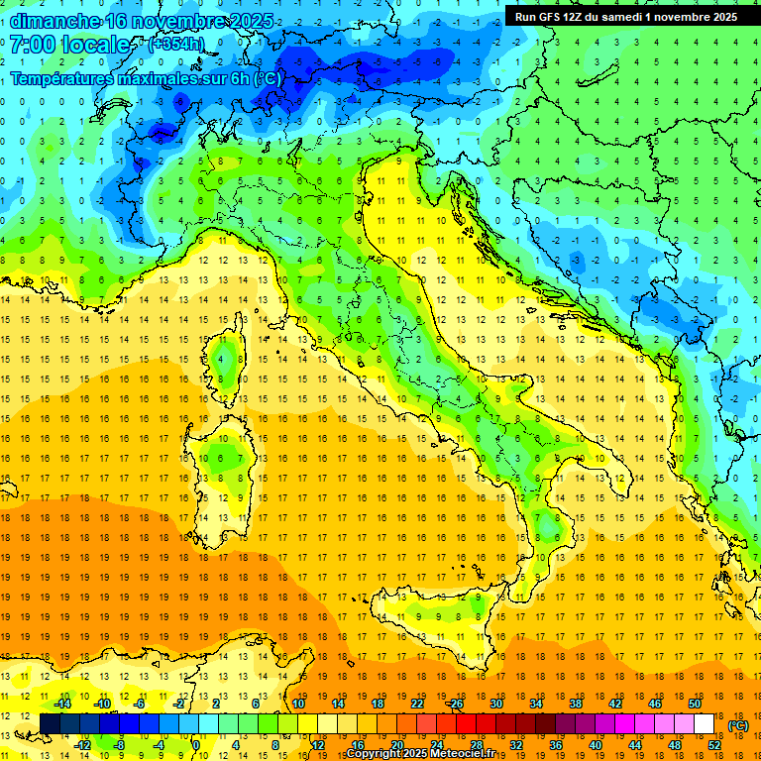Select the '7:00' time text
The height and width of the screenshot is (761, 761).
point(33,45)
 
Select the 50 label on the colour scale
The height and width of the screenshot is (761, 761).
point(694,704)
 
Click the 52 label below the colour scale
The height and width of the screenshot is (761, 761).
point(713,744)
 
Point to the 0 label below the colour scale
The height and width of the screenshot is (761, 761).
point(196,744)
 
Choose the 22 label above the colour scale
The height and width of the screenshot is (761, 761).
point(417,704)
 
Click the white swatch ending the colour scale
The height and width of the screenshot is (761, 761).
point(705,724)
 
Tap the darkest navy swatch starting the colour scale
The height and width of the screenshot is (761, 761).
point(50,724)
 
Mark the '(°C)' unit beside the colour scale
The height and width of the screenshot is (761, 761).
point(737,724)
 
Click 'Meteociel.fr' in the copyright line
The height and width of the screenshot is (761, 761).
point(477,754)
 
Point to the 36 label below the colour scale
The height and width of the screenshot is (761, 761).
point(555,744)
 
